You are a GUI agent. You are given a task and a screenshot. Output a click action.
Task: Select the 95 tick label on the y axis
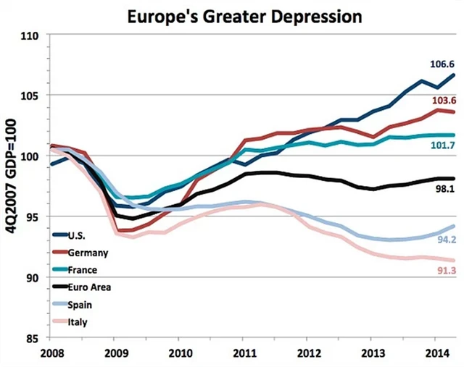[33, 216]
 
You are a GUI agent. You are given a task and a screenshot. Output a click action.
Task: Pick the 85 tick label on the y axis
[33, 338]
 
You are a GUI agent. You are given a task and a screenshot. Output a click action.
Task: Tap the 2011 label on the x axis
[243, 355]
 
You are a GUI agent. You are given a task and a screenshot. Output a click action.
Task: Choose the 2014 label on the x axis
[434, 355]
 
